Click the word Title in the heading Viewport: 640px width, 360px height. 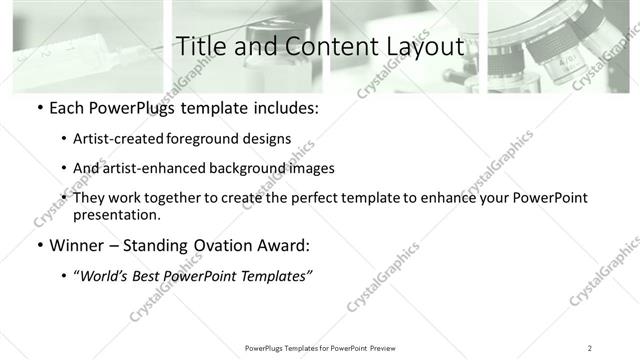pyautogui.click(x=200, y=46)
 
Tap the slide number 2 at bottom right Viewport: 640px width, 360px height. pyautogui.click(x=590, y=348)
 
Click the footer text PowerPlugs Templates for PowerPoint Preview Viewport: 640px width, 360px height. pyautogui.click(x=320, y=348)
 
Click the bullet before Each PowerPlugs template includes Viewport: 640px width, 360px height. pyautogui.click(x=39, y=107)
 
